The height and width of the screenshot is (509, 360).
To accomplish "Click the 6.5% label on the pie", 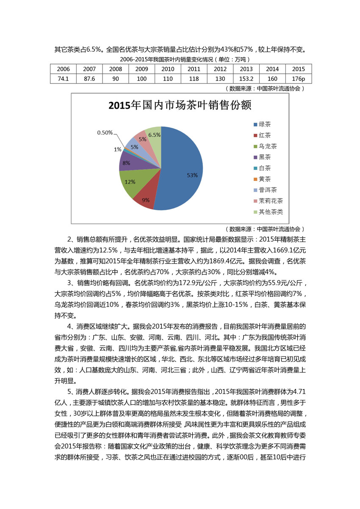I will coord(154,135).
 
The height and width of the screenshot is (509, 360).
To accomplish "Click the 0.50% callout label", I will coord(105,133).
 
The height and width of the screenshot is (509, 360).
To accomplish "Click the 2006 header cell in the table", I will coord(64,69).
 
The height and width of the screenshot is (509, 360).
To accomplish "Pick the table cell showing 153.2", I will coord(246,78).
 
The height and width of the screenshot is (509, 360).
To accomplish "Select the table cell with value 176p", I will coord(299,78).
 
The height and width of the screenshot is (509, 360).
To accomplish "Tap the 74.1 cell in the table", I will coord(64,78).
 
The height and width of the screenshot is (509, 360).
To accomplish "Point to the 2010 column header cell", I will coord(168,69).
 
